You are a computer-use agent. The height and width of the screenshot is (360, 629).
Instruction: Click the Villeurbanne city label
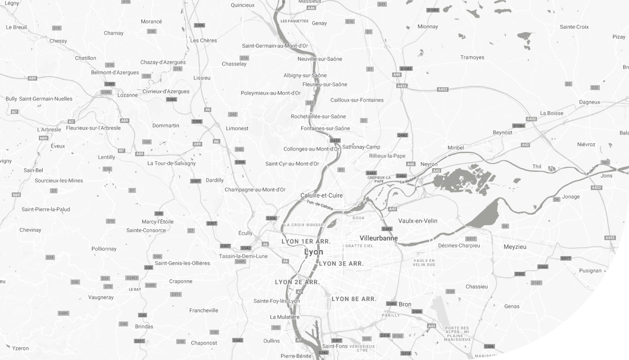point(379,238)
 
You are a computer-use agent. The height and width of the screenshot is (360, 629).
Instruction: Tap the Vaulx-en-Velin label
point(418,221)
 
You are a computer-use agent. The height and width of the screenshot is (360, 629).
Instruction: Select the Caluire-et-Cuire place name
point(321,195)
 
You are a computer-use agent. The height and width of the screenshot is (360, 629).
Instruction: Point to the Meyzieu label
point(515,247)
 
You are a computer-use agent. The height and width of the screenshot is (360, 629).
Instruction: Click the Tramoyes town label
point(472,57)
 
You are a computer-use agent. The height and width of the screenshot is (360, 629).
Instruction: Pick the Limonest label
point(237,128)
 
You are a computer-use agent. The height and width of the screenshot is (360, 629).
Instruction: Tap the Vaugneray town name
point(101,297)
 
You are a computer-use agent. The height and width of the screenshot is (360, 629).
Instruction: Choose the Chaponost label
point(204,343)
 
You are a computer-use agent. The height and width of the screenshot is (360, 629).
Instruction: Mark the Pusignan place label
point(590,270)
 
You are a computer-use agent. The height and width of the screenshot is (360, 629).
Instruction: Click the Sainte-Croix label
point(574,27)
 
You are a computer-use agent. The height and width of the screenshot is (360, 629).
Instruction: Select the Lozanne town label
point(127,95)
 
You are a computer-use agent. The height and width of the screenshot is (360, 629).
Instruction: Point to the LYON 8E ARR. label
point(354,299)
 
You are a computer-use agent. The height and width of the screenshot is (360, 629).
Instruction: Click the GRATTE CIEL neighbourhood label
point(359,246)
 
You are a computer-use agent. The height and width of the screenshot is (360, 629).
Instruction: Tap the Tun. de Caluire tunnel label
point(319,205)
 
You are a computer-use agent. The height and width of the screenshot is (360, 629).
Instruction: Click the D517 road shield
point(566,258)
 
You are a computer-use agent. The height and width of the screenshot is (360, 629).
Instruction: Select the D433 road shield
point(335,141)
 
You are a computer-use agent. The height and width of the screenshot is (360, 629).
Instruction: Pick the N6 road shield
point(216,141)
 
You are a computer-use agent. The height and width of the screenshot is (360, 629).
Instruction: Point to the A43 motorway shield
point(432,326)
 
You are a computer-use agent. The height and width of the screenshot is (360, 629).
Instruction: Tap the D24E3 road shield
point(132,278)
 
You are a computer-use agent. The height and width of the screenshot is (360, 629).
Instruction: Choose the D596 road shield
point(106,92)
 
